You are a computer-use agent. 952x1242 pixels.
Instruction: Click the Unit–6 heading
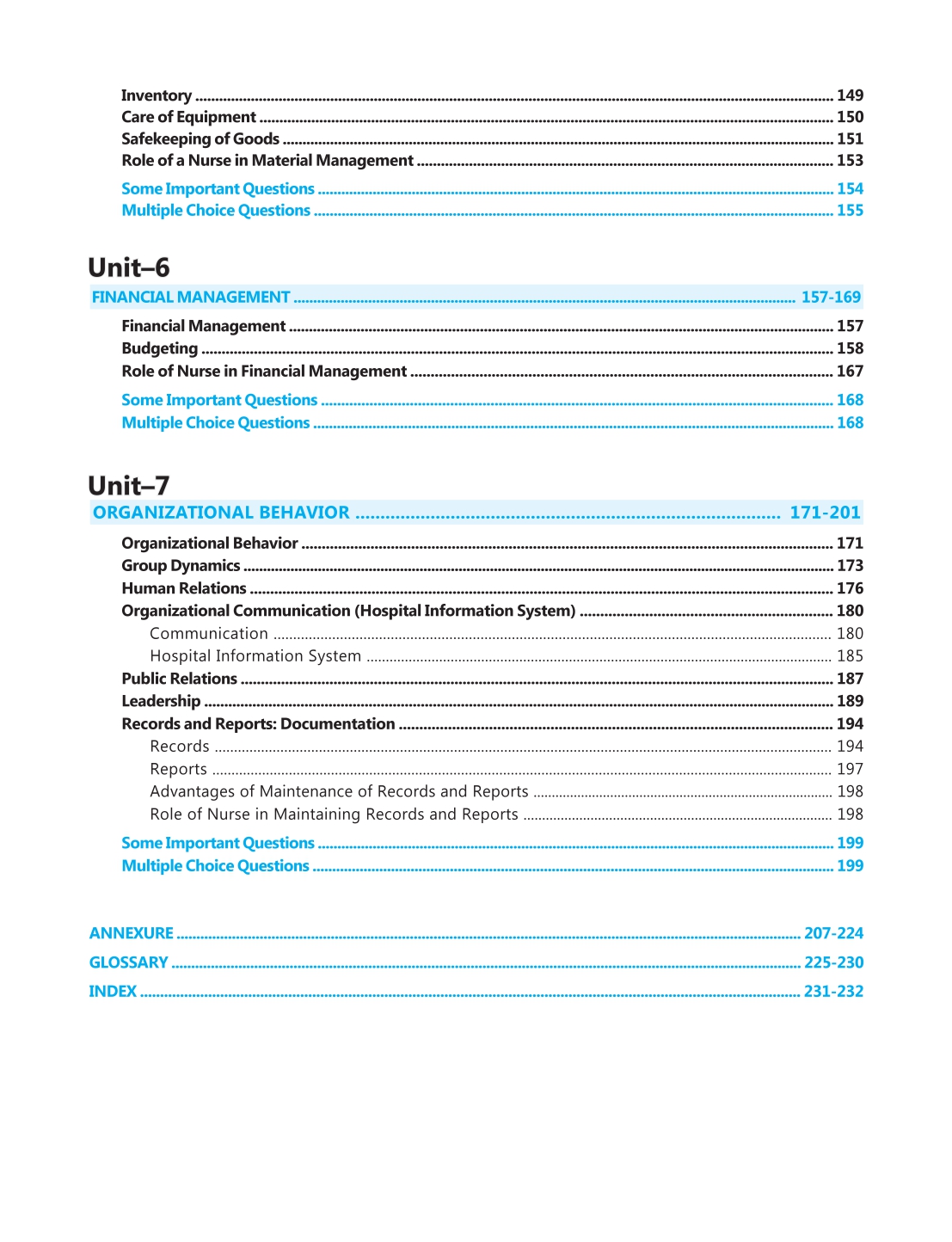[129, 267]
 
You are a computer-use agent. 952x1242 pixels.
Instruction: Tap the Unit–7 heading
[129, 486]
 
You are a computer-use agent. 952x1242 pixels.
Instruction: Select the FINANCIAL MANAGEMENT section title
[191, 298]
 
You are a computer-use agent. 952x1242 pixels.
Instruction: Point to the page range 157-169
[831, 298]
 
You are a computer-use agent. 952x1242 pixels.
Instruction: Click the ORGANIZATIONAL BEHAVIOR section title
[221, 513]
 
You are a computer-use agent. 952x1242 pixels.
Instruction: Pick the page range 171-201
[825, 513]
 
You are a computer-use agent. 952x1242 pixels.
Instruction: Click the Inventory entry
[157, 95]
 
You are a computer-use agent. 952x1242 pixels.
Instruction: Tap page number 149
[850, 95]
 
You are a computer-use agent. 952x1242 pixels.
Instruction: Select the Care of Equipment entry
[188, 117]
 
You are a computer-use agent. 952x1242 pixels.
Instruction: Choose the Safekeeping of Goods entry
[200, 139]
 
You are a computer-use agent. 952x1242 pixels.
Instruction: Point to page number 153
[850, 161]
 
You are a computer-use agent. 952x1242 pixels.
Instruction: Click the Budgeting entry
[160, 348]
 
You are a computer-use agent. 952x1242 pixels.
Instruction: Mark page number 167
[850, 372]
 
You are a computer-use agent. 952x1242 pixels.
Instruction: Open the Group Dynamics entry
[181, 566]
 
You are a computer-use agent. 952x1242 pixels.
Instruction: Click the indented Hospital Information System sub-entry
[255, 656]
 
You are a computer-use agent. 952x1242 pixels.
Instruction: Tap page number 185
[850, 656]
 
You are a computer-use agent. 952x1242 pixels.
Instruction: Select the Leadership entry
[161, 702]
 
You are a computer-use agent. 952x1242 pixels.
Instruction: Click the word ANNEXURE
[132, 933]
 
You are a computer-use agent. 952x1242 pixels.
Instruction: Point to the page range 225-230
[833, 962]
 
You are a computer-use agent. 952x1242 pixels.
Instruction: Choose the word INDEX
[113, 992]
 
